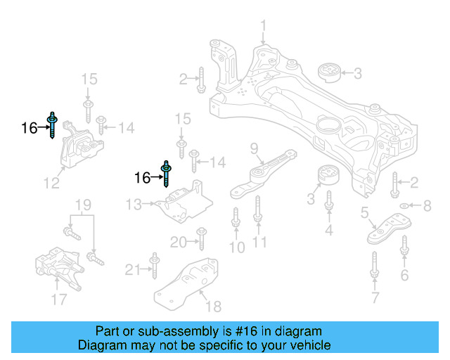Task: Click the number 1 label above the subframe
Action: [x=264, y=27]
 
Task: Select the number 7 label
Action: [x=374, y=300]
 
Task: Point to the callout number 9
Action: [x=255, y=148]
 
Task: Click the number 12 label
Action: [x=51, y=184]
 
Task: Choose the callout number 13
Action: [x=134, y=205]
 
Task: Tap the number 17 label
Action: [x=59, y=300]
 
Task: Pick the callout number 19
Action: [x=83, y=205]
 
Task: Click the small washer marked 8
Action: [x=406, y=206]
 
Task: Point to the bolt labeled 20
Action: [x=200, y=237]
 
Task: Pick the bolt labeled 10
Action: [x=236, y=219]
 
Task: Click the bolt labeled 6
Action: [x=404, y=247]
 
